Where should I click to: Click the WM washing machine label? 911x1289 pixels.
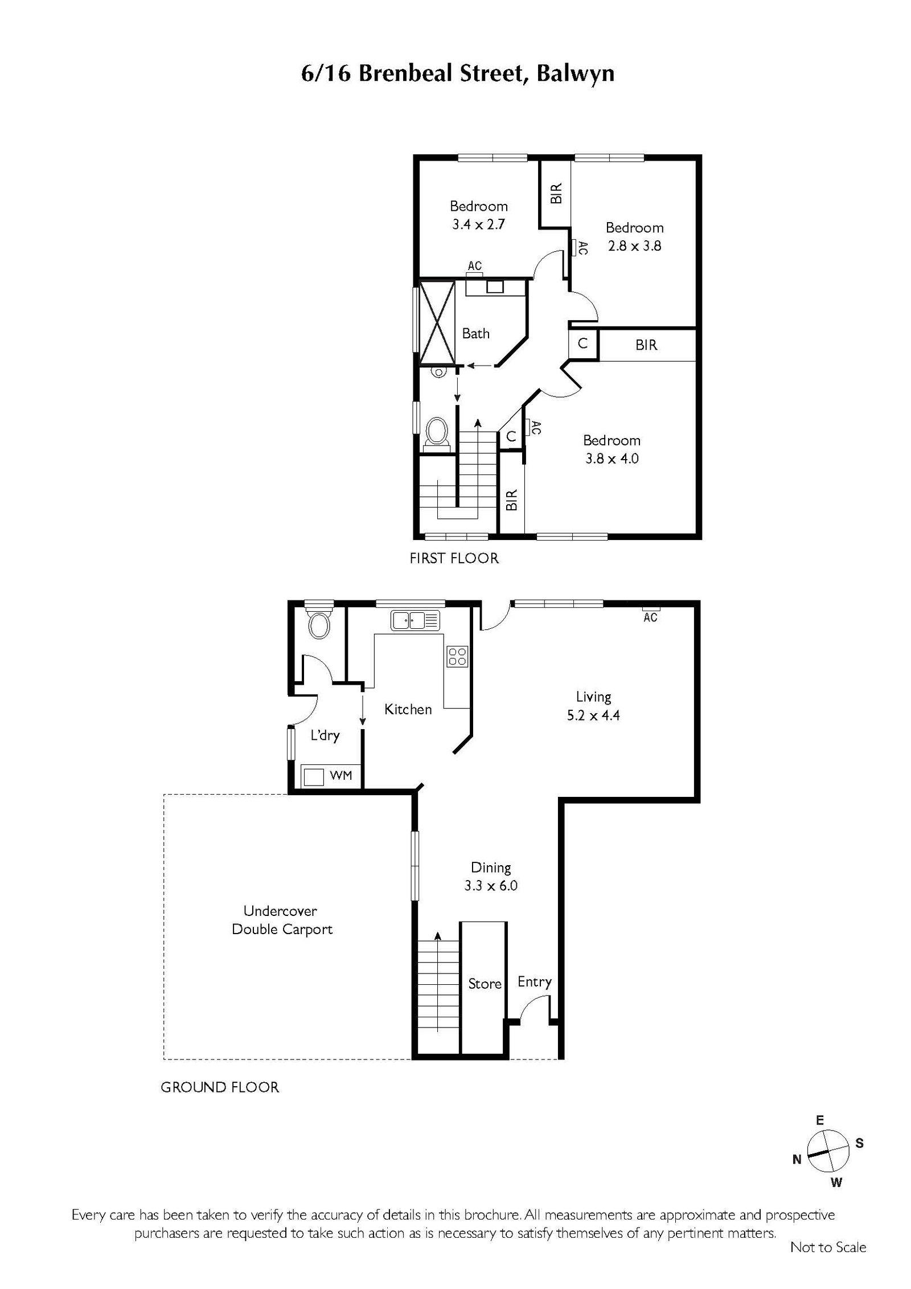[x=341, y=775]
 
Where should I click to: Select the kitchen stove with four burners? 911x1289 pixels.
[x=457, y=656]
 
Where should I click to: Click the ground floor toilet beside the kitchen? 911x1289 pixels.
[x=318, y=625]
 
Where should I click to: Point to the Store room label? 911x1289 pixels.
[x=485, y=984]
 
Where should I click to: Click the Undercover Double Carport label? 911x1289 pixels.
[x=282, y=920]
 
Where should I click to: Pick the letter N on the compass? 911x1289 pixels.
[x=797, y=1159]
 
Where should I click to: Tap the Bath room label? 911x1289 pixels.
[x=476, y=333]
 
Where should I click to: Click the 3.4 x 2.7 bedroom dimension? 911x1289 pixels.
[x=478, y=224]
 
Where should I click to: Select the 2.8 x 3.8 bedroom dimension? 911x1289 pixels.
[x=634, y=246]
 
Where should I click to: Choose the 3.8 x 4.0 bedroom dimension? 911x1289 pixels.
[x=612, y=459]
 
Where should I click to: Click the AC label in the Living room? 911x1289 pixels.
[x=650, y=617]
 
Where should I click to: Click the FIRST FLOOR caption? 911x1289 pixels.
[x=454, y=558]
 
